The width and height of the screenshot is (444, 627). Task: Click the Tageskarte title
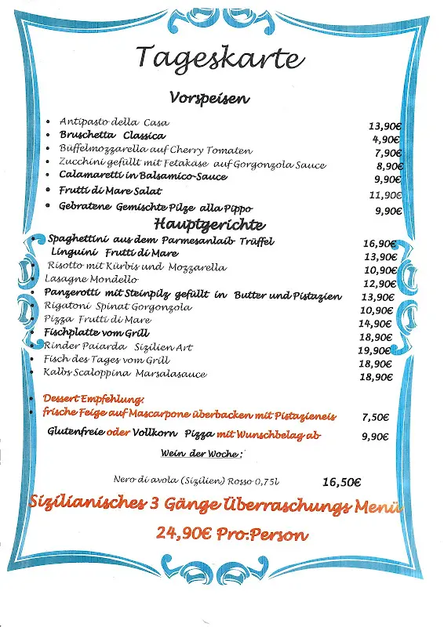coord(220,58)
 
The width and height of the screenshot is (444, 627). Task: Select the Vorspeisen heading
coord(209,99)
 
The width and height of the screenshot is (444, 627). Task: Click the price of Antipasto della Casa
coord(384,125)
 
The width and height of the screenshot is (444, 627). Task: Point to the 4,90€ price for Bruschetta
coord(387,140)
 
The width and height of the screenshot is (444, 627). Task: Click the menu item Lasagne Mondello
coord(91,280)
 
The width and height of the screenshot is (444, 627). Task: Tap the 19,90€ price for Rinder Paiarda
coord(375,350)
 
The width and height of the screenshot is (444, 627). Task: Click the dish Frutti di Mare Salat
coord(110,191)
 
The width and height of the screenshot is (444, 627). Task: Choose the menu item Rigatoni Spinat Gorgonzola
coord(118,307)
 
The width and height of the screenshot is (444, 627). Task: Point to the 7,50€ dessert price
coord(377,418)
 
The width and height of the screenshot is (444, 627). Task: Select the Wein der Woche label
coord(202,454)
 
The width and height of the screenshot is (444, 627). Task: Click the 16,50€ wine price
coord(341,482)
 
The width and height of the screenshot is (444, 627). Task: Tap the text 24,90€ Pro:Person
coord(231,535)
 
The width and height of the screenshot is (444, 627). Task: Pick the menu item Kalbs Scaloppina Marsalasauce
coord(125,374)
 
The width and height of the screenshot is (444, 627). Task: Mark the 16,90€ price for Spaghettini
coord(379,244)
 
